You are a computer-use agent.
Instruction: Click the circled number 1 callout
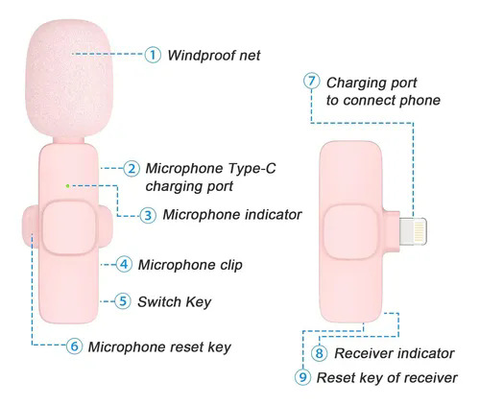[x=153, y=55]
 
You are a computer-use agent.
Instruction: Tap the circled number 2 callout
[x=132, y=168]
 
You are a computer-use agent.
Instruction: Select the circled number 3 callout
[x=148, y=215]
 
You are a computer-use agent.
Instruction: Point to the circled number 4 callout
[x=124, y=264]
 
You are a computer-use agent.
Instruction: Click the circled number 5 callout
[x=123, y=301]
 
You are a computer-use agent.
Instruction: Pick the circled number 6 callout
[x=74, y=345]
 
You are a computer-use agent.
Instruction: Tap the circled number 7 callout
[x=312, y=82]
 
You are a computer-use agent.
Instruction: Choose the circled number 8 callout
[x=320, y=353]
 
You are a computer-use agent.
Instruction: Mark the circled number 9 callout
[x=302, y=377]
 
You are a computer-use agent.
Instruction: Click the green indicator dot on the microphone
[x=67, y=185]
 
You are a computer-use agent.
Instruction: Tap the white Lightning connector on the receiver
[x=413, y=231]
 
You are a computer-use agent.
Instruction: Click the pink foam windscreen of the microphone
[x=69, y=79]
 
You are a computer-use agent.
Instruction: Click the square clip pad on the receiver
[x=350, y=231]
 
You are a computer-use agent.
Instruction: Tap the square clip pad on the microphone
[x=69, y=227]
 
